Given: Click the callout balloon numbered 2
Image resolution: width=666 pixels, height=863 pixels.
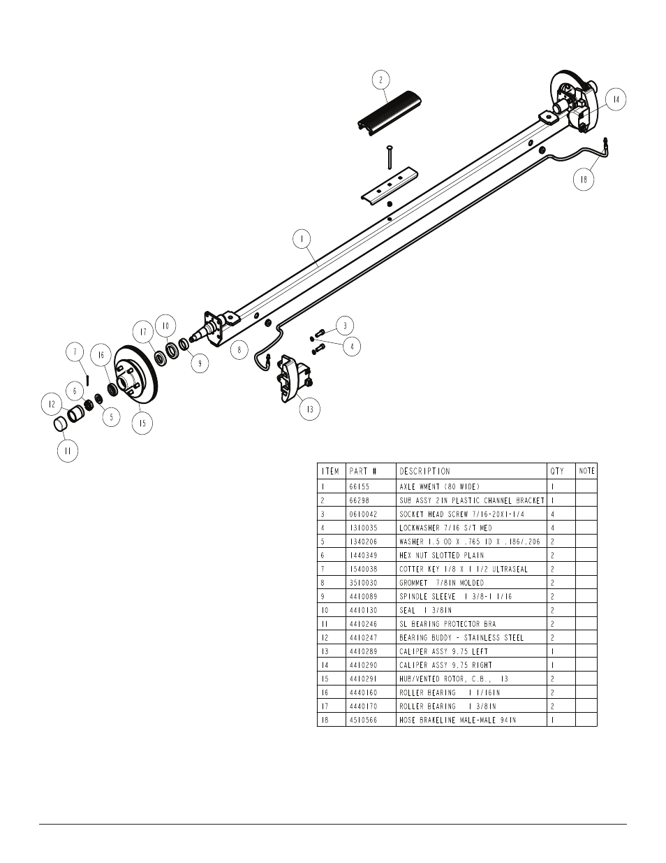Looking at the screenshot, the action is coord(380,80).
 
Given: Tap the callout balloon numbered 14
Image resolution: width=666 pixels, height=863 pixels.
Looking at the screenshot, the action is coord(616,100).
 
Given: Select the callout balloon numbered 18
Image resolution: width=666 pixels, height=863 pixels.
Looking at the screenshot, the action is coord(584,180).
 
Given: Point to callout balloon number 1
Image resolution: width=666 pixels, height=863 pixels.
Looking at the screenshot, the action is coord(302,239).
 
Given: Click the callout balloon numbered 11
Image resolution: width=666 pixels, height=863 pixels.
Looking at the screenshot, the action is coord(68,451).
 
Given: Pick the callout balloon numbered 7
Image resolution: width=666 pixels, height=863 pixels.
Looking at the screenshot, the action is coord(75,352).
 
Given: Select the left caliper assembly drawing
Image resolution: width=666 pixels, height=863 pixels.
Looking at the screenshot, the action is coord(293,378).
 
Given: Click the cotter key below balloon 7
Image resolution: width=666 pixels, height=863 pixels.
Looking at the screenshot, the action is coord(88,379).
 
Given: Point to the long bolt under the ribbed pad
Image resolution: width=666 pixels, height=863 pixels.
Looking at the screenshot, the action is coord(390,157).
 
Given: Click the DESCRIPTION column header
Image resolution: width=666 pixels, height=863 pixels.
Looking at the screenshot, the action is coord(424,472).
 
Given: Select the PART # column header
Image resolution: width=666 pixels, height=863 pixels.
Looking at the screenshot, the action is coord(363,472).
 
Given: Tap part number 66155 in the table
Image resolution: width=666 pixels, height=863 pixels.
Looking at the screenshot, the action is coord(360,486).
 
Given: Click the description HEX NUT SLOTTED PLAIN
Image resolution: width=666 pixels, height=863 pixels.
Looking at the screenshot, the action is coord(441,556).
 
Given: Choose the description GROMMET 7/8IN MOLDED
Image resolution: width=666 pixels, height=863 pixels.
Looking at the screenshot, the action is coord(441,583).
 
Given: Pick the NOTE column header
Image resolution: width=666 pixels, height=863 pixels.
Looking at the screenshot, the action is coord(586,471).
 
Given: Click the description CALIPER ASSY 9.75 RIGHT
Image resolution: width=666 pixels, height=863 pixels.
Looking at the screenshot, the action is coord(445,665).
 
